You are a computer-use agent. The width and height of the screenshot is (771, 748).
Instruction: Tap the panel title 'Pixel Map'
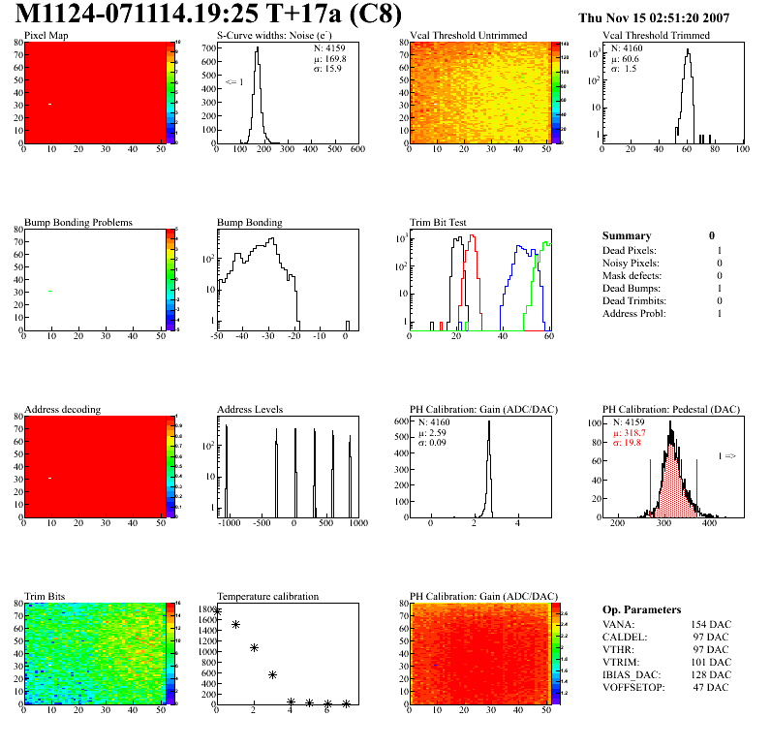point(46,36)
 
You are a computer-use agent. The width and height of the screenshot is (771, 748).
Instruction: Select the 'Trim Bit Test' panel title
point(438,223)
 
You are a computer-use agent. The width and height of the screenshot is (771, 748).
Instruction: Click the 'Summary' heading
point(626,235)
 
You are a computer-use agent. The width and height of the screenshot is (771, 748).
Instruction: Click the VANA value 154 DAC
point(709,625)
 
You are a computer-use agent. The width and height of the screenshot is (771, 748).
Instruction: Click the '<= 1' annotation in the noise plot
point(233,82)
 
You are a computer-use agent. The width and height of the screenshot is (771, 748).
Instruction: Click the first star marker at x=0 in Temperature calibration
point(218,612)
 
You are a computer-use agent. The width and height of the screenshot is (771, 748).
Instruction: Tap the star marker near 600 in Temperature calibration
point(272,674)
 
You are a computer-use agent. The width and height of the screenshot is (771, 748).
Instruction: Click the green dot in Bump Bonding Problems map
point(49,291)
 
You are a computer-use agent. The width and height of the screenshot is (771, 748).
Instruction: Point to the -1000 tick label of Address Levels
point(229,523)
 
